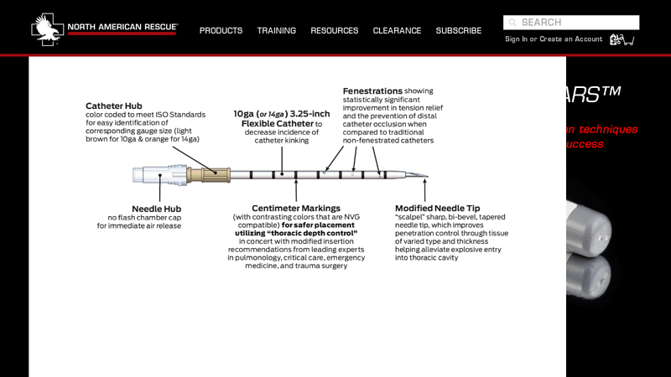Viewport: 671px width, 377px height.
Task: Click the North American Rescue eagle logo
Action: pos(47,28)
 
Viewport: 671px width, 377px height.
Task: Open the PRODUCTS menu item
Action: pos(221,31)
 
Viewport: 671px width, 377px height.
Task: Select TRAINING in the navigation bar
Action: pos(276,31)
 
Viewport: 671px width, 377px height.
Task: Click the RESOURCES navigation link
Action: pos(334,31)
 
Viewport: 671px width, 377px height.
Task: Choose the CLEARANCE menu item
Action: pos(397,31)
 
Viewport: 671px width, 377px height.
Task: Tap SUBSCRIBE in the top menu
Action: pos(458,31)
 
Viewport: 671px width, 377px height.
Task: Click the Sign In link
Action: pos(516,39)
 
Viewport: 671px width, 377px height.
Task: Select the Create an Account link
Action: pos(570,39)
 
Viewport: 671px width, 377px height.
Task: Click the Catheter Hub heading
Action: pos(114,106)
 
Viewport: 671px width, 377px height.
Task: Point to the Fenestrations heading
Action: pos(372,90)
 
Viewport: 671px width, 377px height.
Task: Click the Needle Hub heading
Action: pos(156,209)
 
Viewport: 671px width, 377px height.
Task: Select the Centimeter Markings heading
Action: pos(296,208)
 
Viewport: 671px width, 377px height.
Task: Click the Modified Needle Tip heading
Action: pos(437,208)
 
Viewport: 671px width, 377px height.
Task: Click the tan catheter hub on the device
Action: pos(209,175)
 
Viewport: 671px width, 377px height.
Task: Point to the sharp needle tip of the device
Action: pos(424,177)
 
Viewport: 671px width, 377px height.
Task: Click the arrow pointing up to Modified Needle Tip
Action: pos(424,191)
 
